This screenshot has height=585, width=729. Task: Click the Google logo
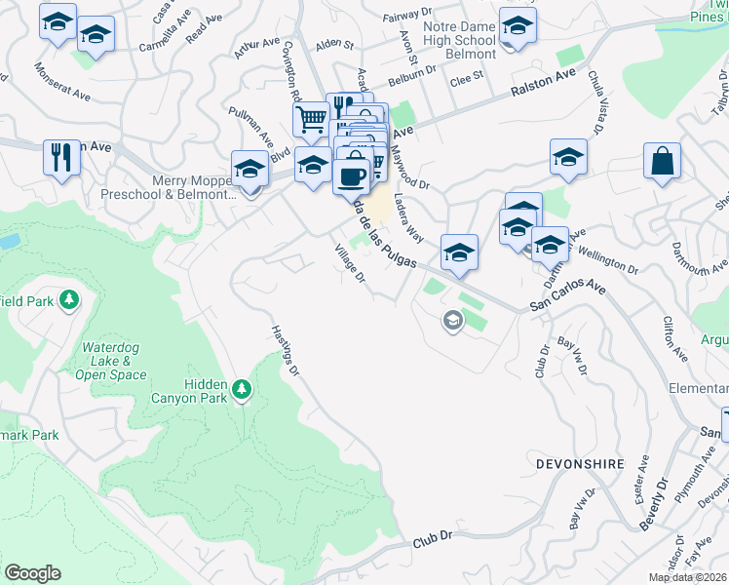point(32,573)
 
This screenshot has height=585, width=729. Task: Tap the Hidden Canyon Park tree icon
point(243,391)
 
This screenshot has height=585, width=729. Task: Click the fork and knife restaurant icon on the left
point(62,156)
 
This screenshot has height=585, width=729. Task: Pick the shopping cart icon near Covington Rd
point(311,119)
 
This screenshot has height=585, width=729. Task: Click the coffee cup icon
point(351,176)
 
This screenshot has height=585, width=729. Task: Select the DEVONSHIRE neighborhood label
point(579,465)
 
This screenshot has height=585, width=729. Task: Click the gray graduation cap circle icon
point(452,320)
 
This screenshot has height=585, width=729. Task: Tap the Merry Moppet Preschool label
point(169,187)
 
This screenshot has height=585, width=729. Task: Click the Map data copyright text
point(687,577)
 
